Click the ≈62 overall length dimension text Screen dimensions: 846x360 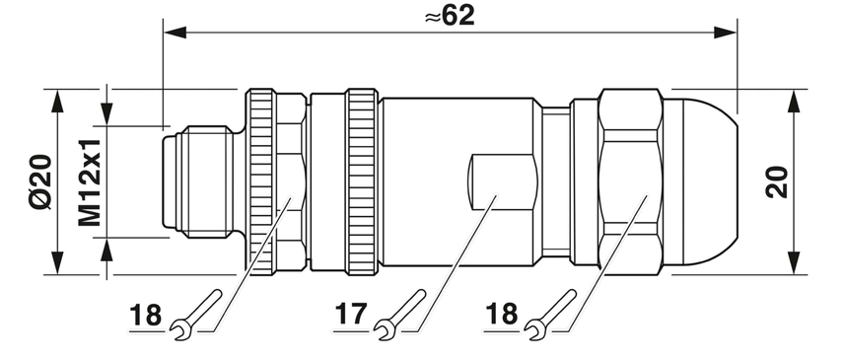point(450,16)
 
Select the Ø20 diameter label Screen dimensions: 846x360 point(40,181)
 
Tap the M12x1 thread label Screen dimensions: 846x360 point(89,181)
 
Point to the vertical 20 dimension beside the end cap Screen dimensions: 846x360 point(776,181)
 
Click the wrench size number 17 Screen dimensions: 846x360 point(351,314)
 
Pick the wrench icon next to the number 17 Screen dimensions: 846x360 point(399,316)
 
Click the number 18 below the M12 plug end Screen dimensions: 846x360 point(145,316)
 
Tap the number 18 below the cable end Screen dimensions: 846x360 point(501,314)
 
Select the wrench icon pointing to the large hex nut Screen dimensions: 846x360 point(550,316)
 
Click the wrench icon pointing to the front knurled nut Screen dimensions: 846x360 point(196,316)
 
